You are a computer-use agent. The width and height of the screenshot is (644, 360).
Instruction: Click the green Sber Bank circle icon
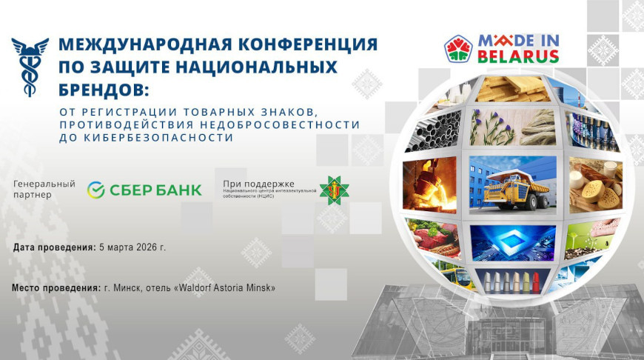pos(96,190)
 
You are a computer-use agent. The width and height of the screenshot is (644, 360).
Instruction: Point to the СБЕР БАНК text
pos(155,190)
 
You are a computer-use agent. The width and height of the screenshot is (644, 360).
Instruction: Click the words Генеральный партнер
pos(44,189)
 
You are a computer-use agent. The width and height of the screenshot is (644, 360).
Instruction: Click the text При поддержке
pos(258,183)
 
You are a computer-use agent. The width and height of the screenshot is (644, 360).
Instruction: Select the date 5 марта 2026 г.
pos(133,247)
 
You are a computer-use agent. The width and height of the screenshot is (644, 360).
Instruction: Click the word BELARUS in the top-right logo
pos(517,56)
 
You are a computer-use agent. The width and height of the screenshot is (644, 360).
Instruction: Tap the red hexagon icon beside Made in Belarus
pos(458,49)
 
